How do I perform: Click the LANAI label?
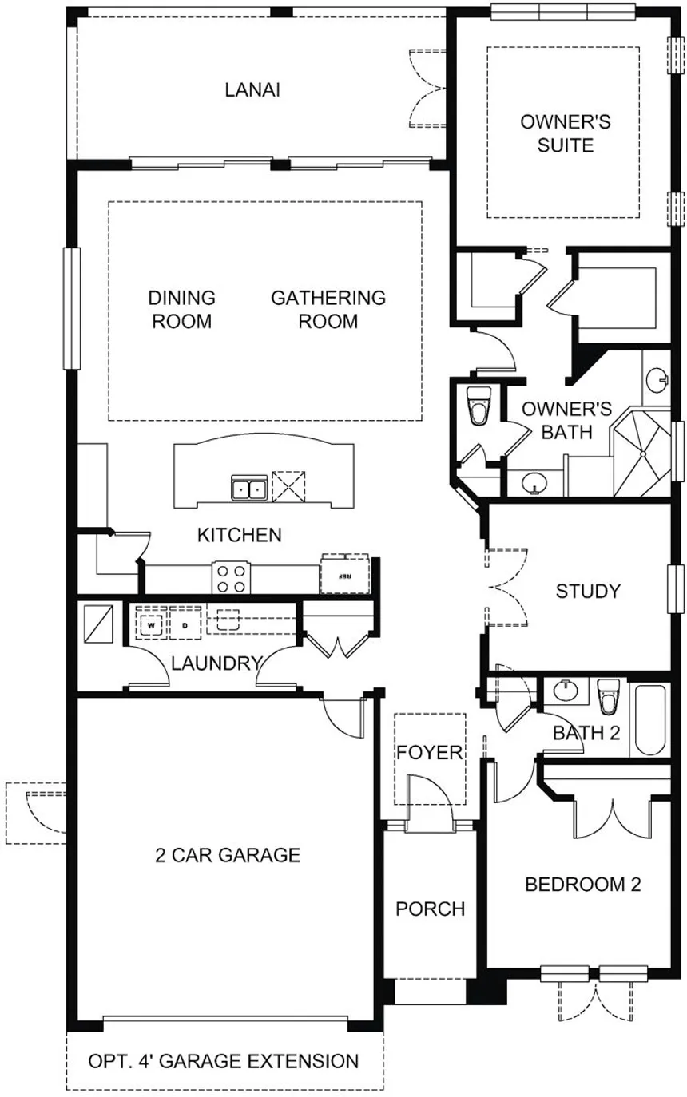tap(252, 89)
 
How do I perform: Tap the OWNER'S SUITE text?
tap(566, 133)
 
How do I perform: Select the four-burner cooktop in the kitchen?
tap(232, 578)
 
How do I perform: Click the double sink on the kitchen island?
tap(248, 487)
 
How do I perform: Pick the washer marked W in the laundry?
tap(151, 624)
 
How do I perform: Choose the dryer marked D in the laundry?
tap(185, 624)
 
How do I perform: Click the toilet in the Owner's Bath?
tap(479, 406)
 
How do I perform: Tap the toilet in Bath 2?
tap(609, 697)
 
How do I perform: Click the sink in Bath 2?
tap(568, 691)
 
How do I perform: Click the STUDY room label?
tap(588, 592)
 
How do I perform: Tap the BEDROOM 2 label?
tap(583, 885)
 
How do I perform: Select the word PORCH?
tap(431, 909)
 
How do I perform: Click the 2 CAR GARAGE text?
tap(227, 856)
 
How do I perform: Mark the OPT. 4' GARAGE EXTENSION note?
tap(223, 1061)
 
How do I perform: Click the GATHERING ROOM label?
tap(328, 310)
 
